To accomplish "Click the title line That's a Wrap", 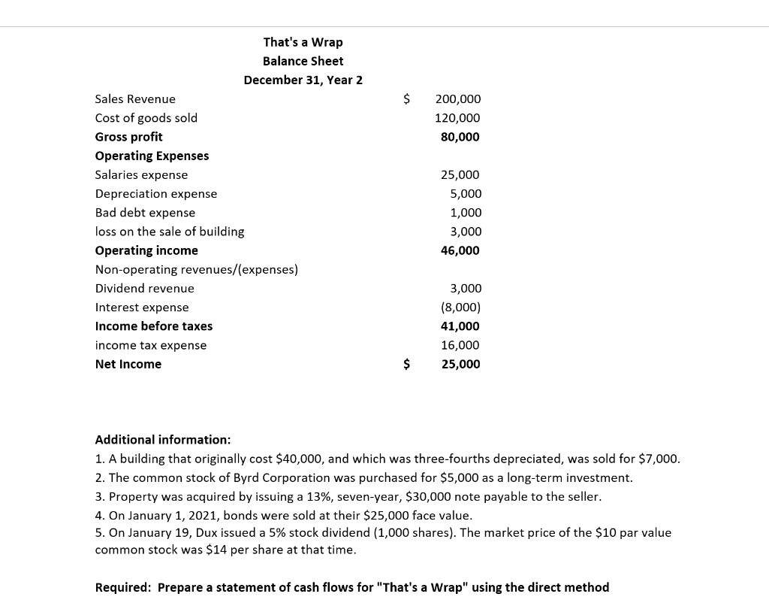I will (x=303, y=42).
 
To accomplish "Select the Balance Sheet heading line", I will (x=303, y=61).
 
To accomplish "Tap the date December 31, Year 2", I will (x=303, y=80).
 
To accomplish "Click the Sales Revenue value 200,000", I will (x=457, y=99).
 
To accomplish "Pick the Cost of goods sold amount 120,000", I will (x=457, y=118).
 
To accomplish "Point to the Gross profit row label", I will (x=128, y=137).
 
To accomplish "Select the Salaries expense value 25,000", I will (x=460, y=174).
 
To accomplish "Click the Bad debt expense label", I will (x=145, y=213).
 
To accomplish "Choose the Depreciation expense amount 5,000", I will (x=466, y=194).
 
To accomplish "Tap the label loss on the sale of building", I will (x=169, y=232).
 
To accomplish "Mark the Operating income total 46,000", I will (x=460, y=250).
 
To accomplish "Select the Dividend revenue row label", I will (x=144, y=289).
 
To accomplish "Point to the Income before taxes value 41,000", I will (x=460, y=326).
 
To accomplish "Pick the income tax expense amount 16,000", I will (x=460, y=345).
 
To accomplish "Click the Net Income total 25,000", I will (x=460, y=364).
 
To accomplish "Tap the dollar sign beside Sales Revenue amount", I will (x=406, y=99).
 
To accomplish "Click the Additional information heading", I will (x=163, y=440).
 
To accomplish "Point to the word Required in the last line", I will (x=122, y=587).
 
